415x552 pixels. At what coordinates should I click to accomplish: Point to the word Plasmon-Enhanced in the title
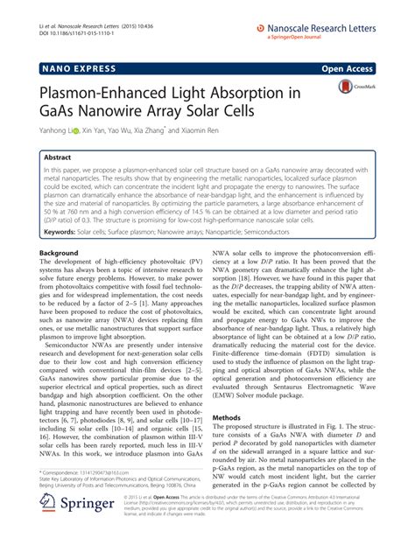106,90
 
